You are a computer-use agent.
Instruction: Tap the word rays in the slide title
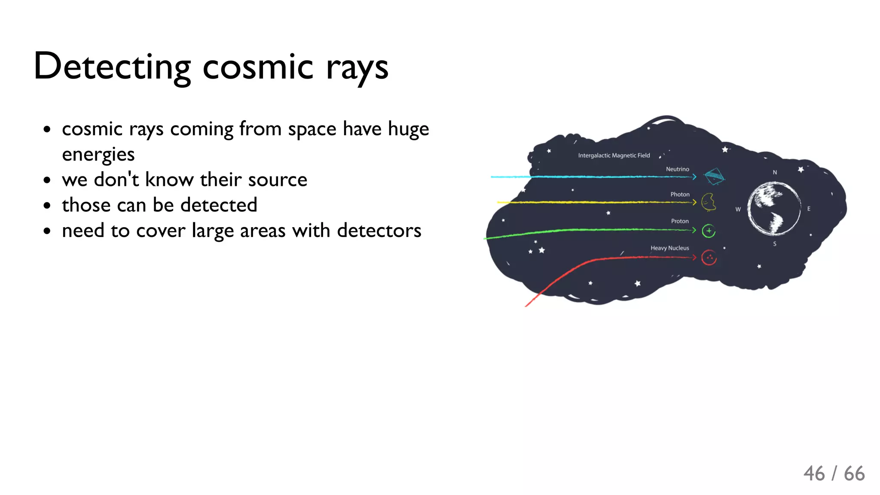pyautogui.click(x=357, y=68)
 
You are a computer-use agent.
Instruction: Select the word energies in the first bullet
pyautogui.click(x=98, y=154)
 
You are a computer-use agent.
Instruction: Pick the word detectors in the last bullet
pyautogui.click(x=379, y=231)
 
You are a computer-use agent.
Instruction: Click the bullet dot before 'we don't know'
pyautogui.click(x=47, y=180)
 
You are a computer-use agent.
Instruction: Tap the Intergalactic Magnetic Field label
pyautogui.click(x=614, y=155)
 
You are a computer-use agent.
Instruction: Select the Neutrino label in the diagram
pyautogui.click(x=677, y=169)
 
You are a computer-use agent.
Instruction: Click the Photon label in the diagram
pyautogui.click(x=680, y=194)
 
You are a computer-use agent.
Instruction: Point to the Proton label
pyautogui.click(x=680, y=221)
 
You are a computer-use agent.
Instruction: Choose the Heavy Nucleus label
pyautogui.click(x=669, y=248)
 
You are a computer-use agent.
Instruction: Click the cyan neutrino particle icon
pyautogui.click(x=714, y=176)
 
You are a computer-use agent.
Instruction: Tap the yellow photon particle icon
pyautogui.click(x=709, y=202)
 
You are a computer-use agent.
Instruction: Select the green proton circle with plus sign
pyautogui.click(x=709, y=231)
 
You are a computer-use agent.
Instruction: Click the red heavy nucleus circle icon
pyautogui.click(x=709, y=258)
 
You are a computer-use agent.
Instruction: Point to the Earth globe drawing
pyautogui.click(x=773, y=209)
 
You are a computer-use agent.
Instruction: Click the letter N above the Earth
pyautogui.click(x=775, y=173)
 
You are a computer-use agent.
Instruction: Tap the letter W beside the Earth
pyautogui.click(x=738, y=210)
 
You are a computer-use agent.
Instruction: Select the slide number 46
pyautogui.click(x=814, y=474)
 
